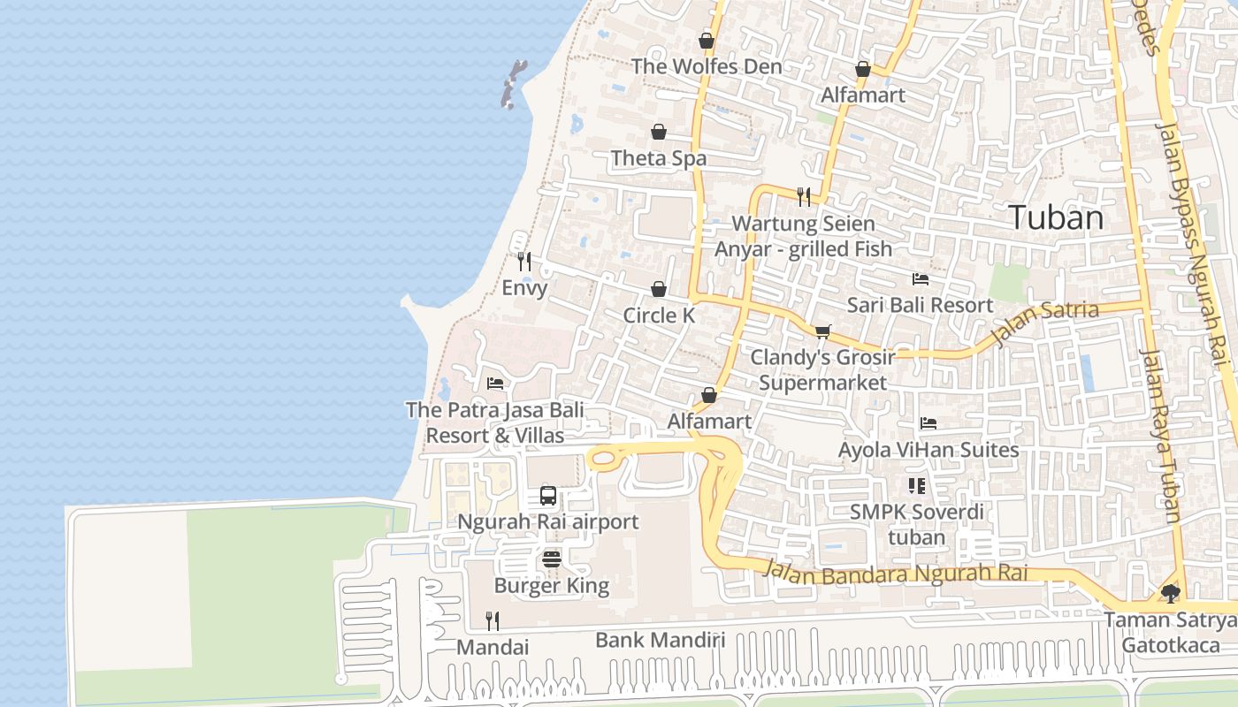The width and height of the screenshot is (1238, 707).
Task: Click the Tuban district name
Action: point(1056,217)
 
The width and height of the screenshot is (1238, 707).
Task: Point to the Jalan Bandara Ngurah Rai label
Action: point(896,574)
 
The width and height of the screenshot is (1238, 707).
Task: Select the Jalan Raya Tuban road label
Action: point(1161,437)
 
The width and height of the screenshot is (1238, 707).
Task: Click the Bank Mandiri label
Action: point(660,640)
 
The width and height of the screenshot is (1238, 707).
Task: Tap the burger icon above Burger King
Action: point(552,559)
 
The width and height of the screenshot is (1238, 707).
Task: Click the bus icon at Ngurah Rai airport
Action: point(548,495)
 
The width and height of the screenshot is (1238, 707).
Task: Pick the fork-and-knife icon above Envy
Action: point(524,262)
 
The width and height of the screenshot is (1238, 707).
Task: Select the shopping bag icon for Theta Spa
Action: point(659,132)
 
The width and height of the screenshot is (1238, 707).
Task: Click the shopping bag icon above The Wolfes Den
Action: point(707,40)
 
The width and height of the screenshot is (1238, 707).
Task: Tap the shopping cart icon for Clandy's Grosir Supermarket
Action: point(822,331)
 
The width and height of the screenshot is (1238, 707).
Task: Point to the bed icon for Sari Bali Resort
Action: point(921,279)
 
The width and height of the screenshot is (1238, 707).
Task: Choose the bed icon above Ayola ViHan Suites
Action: point(928,423)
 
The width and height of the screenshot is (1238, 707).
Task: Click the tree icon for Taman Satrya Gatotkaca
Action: point(1171,593)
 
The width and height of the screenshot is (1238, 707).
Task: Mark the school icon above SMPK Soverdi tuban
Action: point(916,485)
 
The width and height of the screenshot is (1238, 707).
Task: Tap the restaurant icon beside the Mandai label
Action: point(493,620)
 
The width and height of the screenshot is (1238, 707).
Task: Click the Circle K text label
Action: point(659,315)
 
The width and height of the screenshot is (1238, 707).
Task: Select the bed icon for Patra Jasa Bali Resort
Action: point(495,384)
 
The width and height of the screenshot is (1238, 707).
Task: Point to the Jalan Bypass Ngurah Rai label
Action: point(1193,245)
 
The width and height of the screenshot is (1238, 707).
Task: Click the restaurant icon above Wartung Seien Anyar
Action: point(804,196)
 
